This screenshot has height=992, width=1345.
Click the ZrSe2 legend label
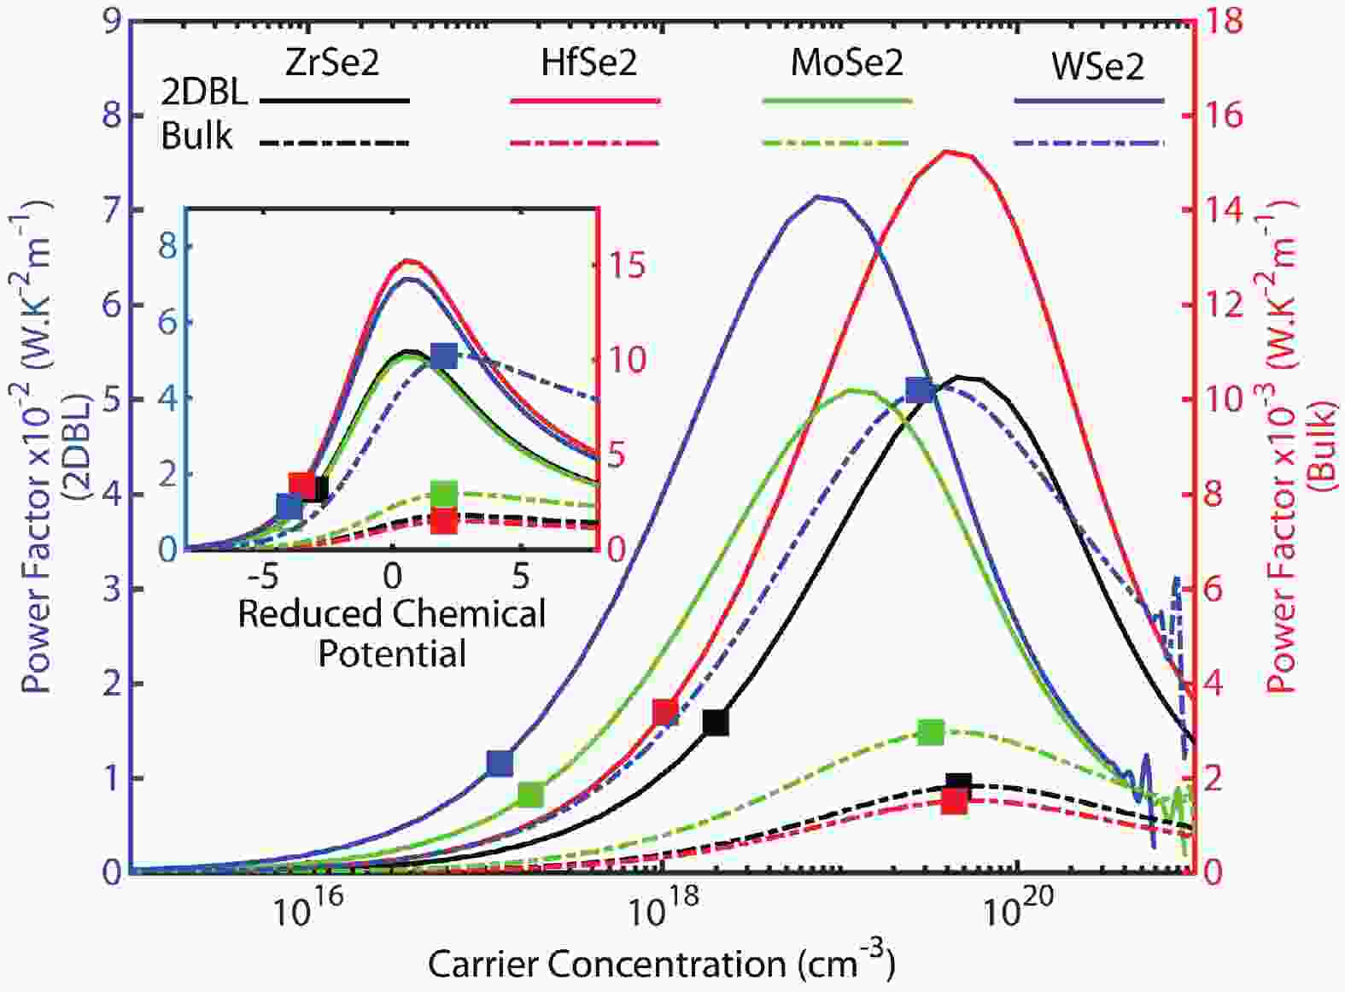click(x=333, y=64)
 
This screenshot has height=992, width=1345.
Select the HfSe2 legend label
click(x=589, y=64)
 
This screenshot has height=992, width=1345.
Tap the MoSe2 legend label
click(x=846, y=64)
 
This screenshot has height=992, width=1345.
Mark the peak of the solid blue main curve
click(x=818, y=197)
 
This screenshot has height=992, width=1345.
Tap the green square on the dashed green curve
click(x=931, y=732)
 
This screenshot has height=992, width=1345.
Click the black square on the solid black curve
click(x=716, y=722)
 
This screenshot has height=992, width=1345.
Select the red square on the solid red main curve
click(x=665, y=711)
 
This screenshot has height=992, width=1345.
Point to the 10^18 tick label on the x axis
click(x=661, y=913)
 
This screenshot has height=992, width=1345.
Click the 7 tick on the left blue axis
click(x=111, y=210)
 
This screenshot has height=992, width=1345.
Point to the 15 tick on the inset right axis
click(x=626, y=266)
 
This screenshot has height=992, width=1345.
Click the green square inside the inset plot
click(x=444, y=494)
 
